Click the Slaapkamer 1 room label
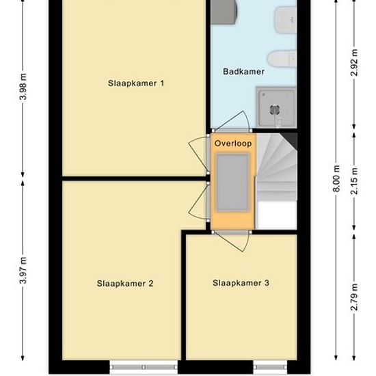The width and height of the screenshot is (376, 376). point(136,83)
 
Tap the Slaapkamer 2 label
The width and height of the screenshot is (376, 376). point(125,284)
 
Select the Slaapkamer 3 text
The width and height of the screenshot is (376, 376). point(241,283)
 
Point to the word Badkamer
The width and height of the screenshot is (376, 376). point(243,72)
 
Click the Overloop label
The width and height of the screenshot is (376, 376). point(233,144)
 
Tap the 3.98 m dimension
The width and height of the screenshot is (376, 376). point(23,87)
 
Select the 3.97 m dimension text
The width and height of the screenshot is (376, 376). point(23,271)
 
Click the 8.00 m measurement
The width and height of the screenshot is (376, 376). point(337,178)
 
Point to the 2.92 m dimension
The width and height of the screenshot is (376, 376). point(354,63)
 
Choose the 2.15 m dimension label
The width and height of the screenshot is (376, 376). point(354,181)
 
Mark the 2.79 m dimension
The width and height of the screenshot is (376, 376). point(354,297)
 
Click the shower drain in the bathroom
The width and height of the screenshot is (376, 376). point(273,110)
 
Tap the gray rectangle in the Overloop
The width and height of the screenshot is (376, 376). point(232,183)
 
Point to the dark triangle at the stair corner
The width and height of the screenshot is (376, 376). point(291,140)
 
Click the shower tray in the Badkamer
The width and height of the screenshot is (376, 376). point(276,107)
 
